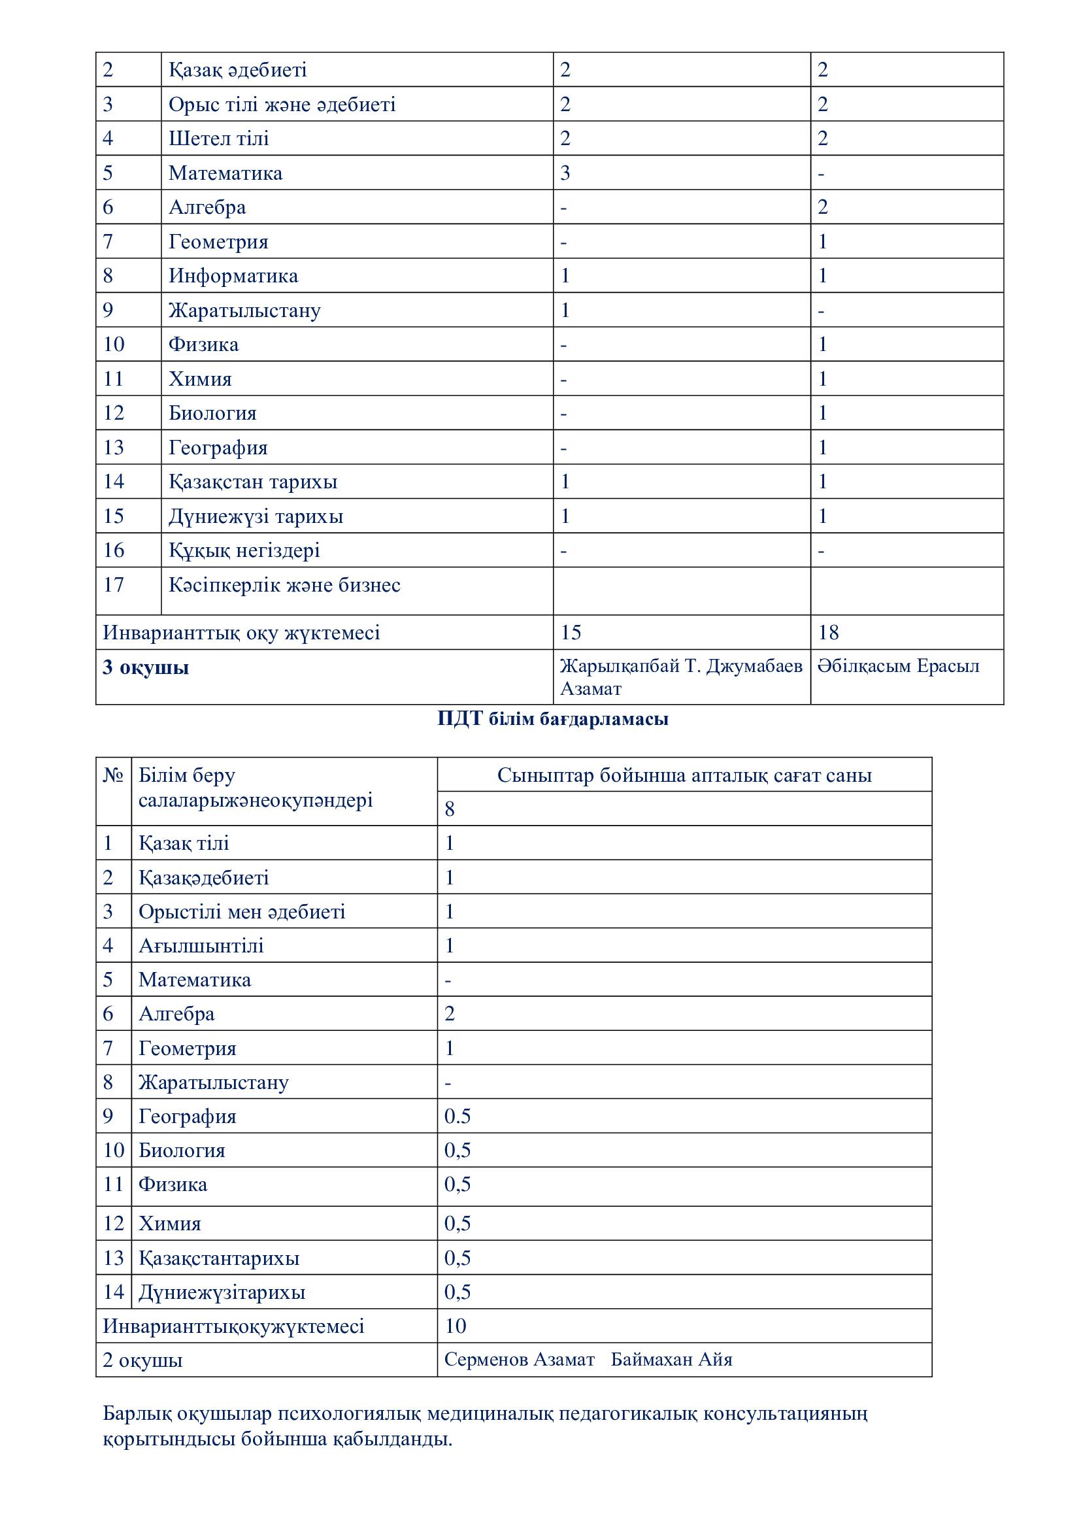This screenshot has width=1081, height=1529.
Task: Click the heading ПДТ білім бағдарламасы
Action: click(x=552, y=719)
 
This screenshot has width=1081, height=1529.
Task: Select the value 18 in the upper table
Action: click(x=828, y=632)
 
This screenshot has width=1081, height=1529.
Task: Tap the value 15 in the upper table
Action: click(x=571, y=632)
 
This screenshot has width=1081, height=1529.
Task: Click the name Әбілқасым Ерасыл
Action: click(x=898, y=666)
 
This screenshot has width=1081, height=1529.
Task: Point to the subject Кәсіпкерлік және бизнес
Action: click(x=284, y=585)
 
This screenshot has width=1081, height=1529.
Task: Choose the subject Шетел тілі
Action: click(x=218, y=139)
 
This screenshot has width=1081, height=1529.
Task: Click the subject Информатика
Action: click(x=233, y=276)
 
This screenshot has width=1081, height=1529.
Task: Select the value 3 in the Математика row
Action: click(x=565, y=173)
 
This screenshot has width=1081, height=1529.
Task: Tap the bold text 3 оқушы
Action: click(x=146, y=667)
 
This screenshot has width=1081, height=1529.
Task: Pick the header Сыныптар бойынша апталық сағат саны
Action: click(x=684, y=775)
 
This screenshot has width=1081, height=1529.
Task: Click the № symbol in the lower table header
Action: click(x=113, y=775)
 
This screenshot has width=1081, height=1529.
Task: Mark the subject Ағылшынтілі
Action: click(x=201, y=946)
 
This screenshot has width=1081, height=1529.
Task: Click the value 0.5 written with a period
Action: click(x=457, y=1116)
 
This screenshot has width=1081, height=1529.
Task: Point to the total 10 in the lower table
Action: click(x=456, y=1326)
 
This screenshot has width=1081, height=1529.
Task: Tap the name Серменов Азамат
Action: click(x=519, y=1360)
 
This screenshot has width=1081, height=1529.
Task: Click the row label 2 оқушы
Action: click(x=142, y=1360)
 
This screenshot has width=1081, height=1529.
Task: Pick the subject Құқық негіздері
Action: click(x=244, y=550)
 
